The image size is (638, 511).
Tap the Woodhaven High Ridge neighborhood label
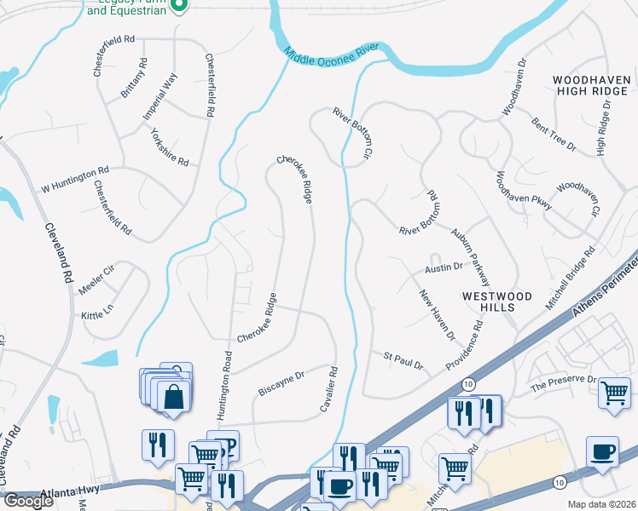coord(591,86)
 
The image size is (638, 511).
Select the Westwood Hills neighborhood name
coord(497,302)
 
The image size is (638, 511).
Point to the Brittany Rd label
coord(134,78)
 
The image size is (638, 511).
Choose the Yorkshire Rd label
coord(169,146)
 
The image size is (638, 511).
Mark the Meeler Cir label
coord(96,273)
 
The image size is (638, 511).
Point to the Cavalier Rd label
coord(329,390)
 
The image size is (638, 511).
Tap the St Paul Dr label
coord(403,360)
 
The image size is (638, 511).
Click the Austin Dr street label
coord(444,267)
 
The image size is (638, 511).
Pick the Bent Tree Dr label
coord(554,135)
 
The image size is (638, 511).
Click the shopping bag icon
coord(174,397)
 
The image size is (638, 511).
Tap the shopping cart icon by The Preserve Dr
coord(614,393)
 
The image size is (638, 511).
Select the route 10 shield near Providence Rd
coord(468,385)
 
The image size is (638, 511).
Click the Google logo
coord(28,501)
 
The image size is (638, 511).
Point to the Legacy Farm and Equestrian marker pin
coord(179,7)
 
